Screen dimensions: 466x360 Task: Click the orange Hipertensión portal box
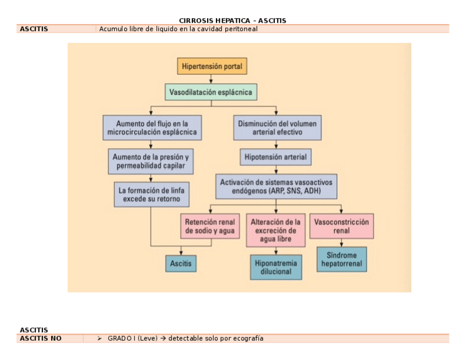tap(212, 66)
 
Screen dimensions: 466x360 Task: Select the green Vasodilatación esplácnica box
tap(211, 92)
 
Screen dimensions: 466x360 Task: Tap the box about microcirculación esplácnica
tap(152, 128)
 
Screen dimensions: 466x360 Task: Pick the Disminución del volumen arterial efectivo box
tap(278, 128)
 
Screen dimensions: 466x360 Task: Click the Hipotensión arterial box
tap(276, 157)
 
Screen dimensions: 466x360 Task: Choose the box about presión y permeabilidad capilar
tap(151, 161)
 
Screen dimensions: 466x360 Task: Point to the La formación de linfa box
tap(152, 195)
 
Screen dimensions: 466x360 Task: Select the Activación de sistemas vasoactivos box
tap(276, 186)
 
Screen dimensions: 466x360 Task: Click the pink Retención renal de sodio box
tap(210, 226)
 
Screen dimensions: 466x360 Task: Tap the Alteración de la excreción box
tap(276, 230)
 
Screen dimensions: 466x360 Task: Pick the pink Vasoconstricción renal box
tap(341, 226)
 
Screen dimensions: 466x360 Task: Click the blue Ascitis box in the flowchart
tap(181, 263)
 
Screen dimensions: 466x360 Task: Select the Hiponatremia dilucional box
tap(276, 267)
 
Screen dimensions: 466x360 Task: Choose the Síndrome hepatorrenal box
tap(342, 259)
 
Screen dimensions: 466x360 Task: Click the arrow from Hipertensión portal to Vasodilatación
tap(211, 79)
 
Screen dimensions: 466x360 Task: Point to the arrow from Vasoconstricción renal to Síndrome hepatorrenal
tap(341, 243)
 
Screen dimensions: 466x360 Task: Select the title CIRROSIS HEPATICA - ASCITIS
tap(232, 20)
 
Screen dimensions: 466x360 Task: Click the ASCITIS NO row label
tap(41, 339)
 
